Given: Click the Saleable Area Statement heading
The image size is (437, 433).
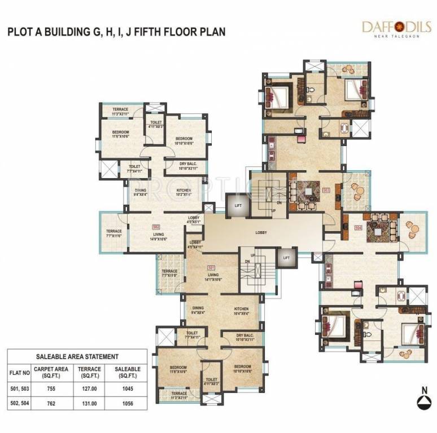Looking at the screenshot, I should point(77,356).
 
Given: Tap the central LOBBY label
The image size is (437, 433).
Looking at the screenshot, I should point(261,232).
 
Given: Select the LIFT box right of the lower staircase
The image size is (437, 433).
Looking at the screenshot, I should point(286,258).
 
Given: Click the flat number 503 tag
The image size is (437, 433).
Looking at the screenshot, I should point(326,190).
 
